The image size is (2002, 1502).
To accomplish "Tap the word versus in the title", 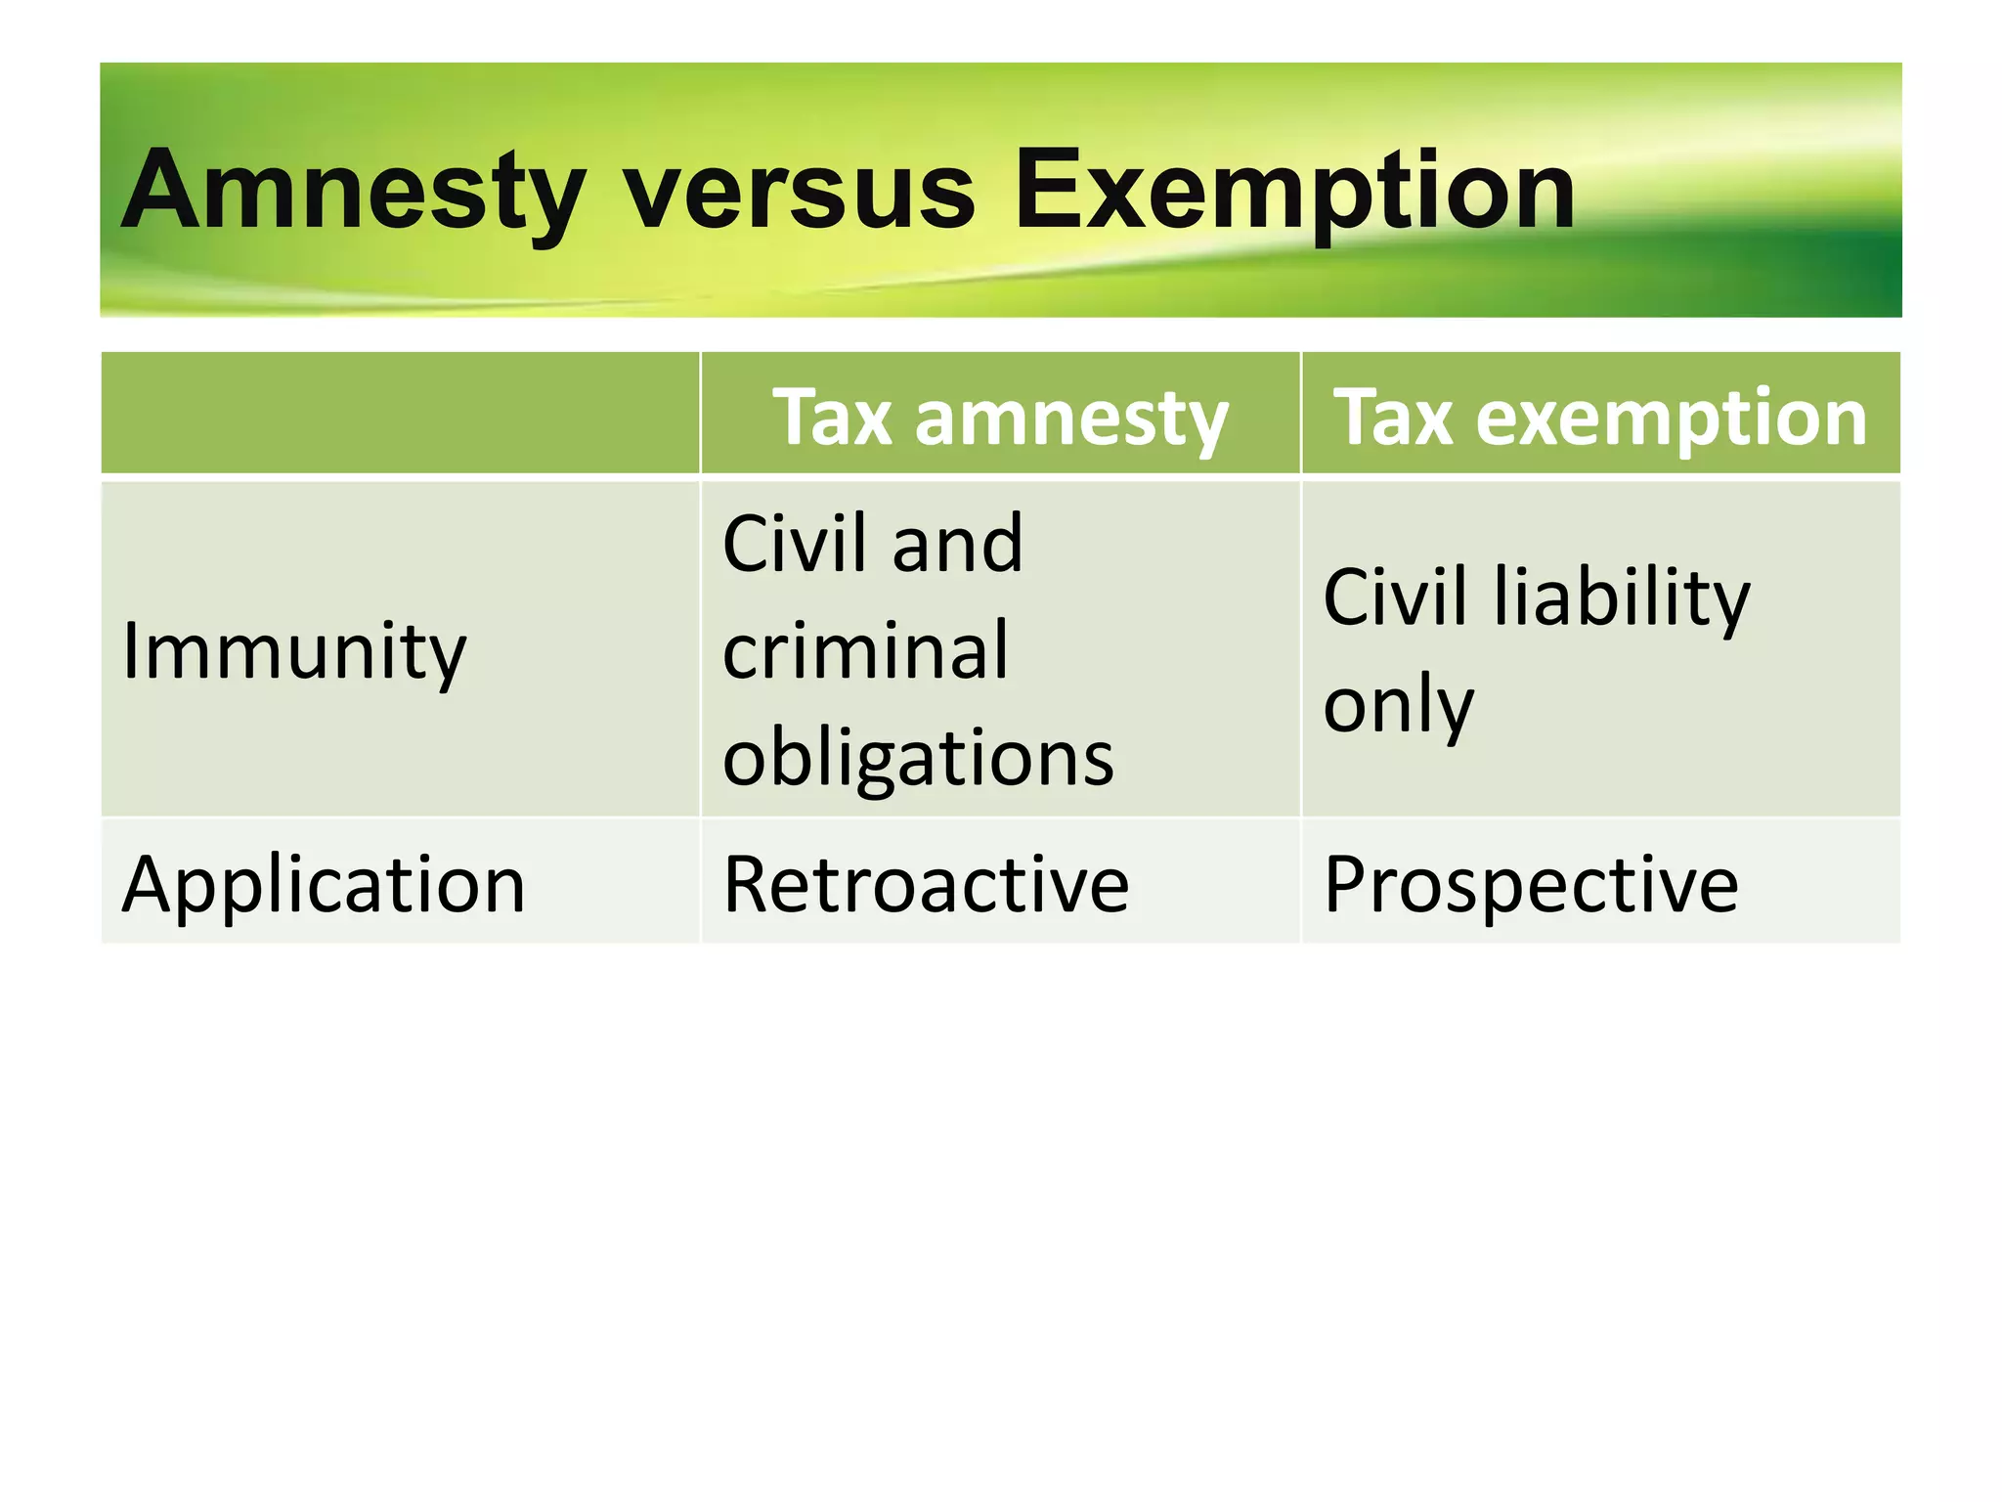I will coord(800,191).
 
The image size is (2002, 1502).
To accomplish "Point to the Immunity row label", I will coord(294,651).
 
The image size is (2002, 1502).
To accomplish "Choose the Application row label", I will coord(324,884).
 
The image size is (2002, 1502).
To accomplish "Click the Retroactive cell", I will coord(926,884).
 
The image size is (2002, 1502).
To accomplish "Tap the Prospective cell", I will coord(1531,884).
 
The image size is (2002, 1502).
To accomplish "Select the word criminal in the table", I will coord(865,649).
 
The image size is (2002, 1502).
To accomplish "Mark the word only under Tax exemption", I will coord(1398,704).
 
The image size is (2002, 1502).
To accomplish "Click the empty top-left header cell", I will coord(400,414).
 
